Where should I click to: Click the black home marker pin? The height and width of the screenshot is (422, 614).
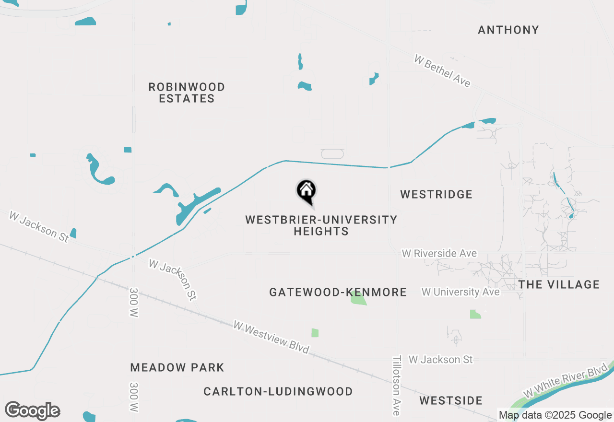pos(307,191)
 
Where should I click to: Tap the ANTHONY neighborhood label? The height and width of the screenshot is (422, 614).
pos(508,30)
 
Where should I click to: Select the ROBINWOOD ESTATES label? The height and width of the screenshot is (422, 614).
pos(187,93)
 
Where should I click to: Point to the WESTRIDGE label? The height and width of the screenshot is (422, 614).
pos(437,194)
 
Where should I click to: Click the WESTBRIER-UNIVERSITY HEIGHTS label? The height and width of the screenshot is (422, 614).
pos(321,225)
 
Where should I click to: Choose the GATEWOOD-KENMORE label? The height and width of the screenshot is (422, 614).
pos(338,292)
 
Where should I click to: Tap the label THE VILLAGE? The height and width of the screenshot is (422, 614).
pos(559,284)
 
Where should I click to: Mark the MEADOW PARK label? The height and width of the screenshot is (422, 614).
pos(177,368)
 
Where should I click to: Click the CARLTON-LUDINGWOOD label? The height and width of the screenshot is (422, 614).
pos(278,391)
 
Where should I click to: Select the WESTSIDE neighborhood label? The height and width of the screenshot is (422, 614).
pos(451,400)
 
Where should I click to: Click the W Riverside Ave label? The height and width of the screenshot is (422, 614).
pos(439,253)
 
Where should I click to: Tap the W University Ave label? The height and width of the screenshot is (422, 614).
pos(460,292)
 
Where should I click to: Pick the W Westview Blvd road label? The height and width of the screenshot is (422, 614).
pos(271,337)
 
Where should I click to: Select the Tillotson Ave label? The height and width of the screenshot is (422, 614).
pos(396,386)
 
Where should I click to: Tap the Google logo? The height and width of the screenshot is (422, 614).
pos(32,411)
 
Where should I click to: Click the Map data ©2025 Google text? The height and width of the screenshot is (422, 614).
pos(555,415)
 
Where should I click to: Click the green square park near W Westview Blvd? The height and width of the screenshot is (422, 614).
pos(315,332)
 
